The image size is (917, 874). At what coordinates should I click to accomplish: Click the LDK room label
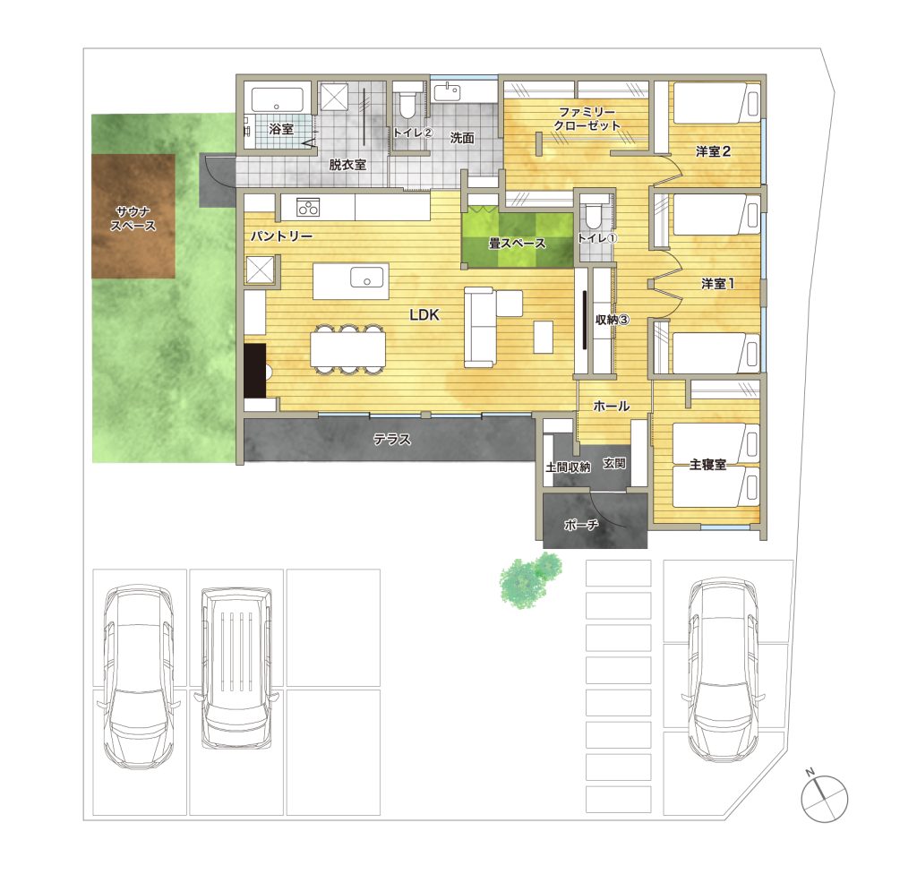tap(424, 314)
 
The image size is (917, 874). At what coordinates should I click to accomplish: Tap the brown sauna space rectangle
tap(133, 216)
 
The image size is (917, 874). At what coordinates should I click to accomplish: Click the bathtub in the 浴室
tap(278, 100)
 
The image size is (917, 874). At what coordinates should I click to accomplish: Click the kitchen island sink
tap(366, 278)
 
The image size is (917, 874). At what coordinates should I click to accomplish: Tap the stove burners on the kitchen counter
tap(308, 207)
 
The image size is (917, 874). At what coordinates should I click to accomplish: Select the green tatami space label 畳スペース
tap(517, 243)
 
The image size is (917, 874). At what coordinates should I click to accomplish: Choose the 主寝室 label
tap(707, 465)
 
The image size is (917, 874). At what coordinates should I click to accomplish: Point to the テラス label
tap(392, 439)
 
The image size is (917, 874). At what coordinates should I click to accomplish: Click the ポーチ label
tap(580, 525)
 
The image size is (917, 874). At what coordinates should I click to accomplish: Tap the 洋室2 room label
tap(713, 151)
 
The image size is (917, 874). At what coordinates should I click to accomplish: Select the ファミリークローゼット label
tap(587, 119)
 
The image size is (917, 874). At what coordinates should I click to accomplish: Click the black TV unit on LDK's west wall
tap(255, 371)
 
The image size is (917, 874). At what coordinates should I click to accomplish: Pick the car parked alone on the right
tap(723, 669)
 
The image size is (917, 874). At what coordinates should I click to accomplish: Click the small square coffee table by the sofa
tap(544, 337)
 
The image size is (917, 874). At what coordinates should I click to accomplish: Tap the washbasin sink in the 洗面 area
tap(448, 92)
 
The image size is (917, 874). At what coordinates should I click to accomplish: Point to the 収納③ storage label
tap(613, 320)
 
